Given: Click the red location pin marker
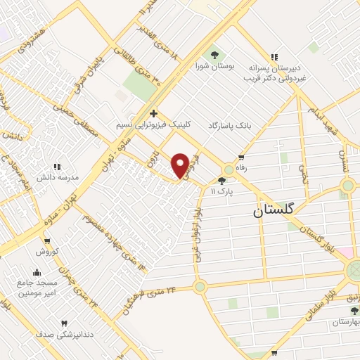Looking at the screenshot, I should click(x=180, y=165).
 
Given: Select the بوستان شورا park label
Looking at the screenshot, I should click(x=214, y=67).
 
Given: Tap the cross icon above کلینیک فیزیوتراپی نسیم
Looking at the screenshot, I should click(x=153, y=113).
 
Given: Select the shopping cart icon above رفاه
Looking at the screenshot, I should click(x=241, y=157).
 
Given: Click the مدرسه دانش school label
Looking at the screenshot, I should click(x=56, y=178).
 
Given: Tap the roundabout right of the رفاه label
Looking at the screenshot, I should click(x=229, y=171).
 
